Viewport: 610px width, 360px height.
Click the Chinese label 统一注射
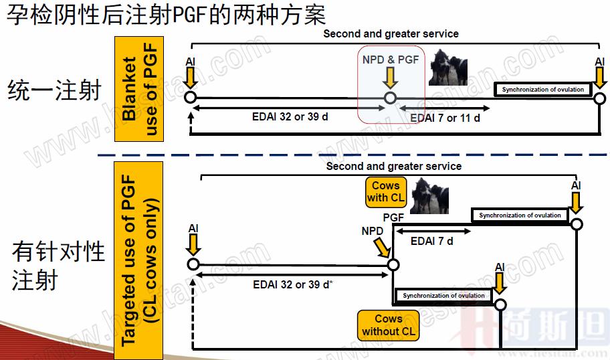click(x=55, y=90)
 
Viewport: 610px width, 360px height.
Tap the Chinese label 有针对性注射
click(x=58, y=266)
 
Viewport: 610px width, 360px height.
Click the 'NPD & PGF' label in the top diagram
click(x=390, y=60)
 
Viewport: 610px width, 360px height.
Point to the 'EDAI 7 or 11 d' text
click(x=445, y=118)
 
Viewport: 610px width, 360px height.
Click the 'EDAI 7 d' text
click(x=431, y=241)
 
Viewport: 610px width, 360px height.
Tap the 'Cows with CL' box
click(x=385, y=191)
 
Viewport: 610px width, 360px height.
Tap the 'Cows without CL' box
click(x=389, y=325)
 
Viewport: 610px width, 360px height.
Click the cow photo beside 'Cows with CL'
click(x=429, y=197)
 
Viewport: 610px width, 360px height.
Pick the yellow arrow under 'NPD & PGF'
click(x=391, y=78)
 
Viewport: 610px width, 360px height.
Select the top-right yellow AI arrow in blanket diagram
click(x=599, y=78)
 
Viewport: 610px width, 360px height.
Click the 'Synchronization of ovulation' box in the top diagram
click(x=543, y=90)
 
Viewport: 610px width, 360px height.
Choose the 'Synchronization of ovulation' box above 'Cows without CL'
click(x=443, y=296)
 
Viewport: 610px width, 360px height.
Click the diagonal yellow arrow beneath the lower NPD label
click(x=382, y=247)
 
